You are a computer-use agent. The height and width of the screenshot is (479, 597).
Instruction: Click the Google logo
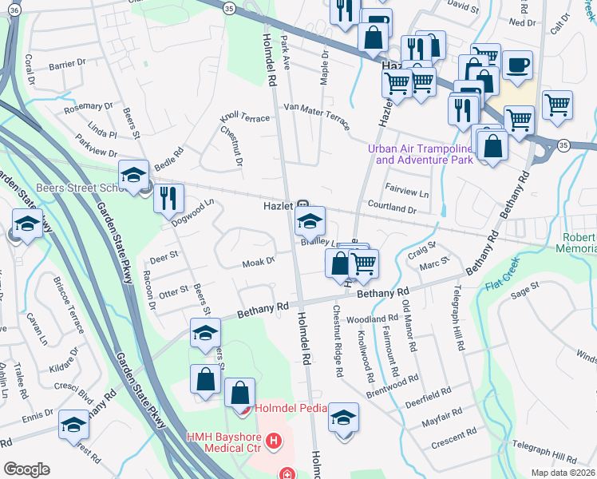[x=26, y=469]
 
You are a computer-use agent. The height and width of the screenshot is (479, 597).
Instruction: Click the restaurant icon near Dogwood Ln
[x=168, y=198]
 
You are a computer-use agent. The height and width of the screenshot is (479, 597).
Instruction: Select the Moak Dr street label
[x=259, y=261]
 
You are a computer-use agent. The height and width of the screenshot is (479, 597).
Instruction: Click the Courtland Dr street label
[x=392, y=208]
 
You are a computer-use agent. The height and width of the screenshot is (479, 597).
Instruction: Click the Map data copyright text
[x=563, y=473]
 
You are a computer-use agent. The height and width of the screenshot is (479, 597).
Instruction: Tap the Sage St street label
[x=526, y=290]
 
